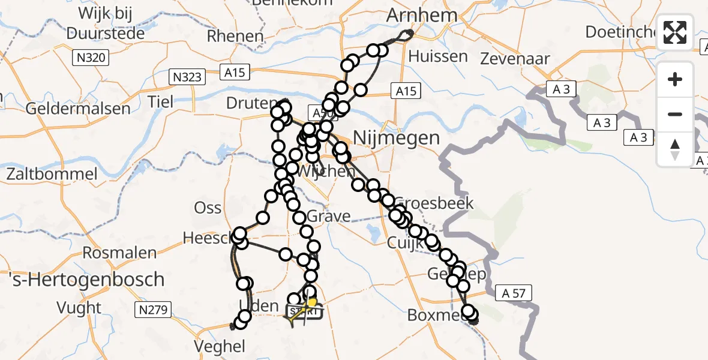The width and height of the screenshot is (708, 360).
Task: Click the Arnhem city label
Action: point(422,15)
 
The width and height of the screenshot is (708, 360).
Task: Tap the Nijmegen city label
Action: point(396,137)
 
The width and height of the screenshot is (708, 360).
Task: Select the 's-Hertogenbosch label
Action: point(87,279)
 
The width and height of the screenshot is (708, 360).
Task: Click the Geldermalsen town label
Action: point(78,109)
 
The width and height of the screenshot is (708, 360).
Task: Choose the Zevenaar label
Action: point(515,58)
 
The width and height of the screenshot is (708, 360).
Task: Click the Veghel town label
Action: point(219,346)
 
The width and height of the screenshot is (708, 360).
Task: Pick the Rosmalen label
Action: point(119,253)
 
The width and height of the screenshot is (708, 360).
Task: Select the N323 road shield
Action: point(187,77)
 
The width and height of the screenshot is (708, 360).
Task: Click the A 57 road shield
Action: point(514,292)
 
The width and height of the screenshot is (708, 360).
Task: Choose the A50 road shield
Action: point(318,112)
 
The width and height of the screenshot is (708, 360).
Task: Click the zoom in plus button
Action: point(675,79)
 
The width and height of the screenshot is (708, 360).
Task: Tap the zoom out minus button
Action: point(675,114)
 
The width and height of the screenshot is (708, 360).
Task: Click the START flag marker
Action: point(304,311)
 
